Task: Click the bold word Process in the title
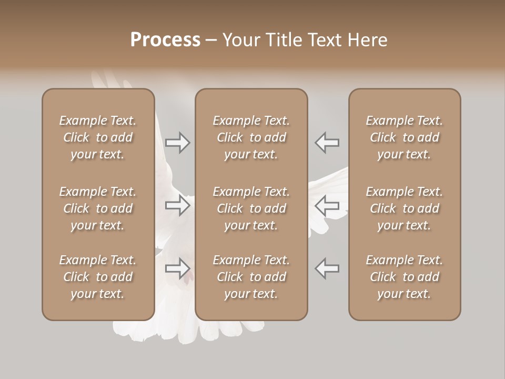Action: (165, 39)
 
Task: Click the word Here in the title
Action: (367, 39)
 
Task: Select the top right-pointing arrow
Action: (177, 143)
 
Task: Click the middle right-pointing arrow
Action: (177, 205)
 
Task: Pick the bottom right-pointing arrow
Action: (177, 268)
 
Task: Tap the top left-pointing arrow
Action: (327, 143)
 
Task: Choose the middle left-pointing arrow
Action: (327, 205)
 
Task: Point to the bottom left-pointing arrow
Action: (327, 268)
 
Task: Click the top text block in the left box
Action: (98, 137)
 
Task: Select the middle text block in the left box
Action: (98, 208)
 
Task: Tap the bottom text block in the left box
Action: (98, 277)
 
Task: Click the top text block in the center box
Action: (251, 137)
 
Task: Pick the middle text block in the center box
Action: (251, 208)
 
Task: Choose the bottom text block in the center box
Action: (251, 277)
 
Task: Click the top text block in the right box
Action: (404, 137)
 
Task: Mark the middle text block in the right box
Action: (404, 208)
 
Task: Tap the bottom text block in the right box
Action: (404, 277)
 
